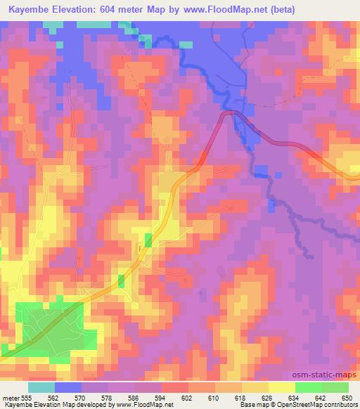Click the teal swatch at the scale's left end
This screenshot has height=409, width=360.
click(41, 387)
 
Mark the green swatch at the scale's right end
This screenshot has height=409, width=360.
click(335, 387)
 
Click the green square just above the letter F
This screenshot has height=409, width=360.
click(148, 239)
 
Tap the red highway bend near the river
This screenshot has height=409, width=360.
click(229, 115)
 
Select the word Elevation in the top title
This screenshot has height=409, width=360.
click(86, 9)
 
